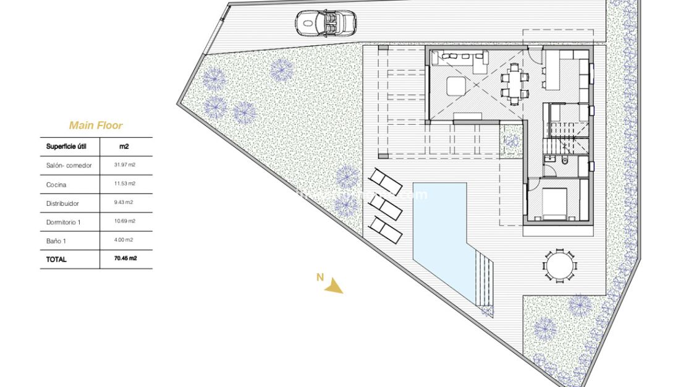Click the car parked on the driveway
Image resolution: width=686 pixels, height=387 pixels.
326,23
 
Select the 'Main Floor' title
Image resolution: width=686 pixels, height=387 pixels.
96,125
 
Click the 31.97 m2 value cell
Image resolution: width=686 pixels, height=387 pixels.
125,165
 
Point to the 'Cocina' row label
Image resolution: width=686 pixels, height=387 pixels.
56,185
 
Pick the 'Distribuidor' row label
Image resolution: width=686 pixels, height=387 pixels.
62,203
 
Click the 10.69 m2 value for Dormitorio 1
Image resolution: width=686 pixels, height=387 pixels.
125,221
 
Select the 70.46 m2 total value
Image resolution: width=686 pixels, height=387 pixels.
125,259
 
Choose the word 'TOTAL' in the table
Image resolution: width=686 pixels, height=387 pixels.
56,260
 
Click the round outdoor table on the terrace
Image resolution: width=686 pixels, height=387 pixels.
560,266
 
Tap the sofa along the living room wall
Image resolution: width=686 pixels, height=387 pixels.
459,59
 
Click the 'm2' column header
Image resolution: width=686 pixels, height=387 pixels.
125,147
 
